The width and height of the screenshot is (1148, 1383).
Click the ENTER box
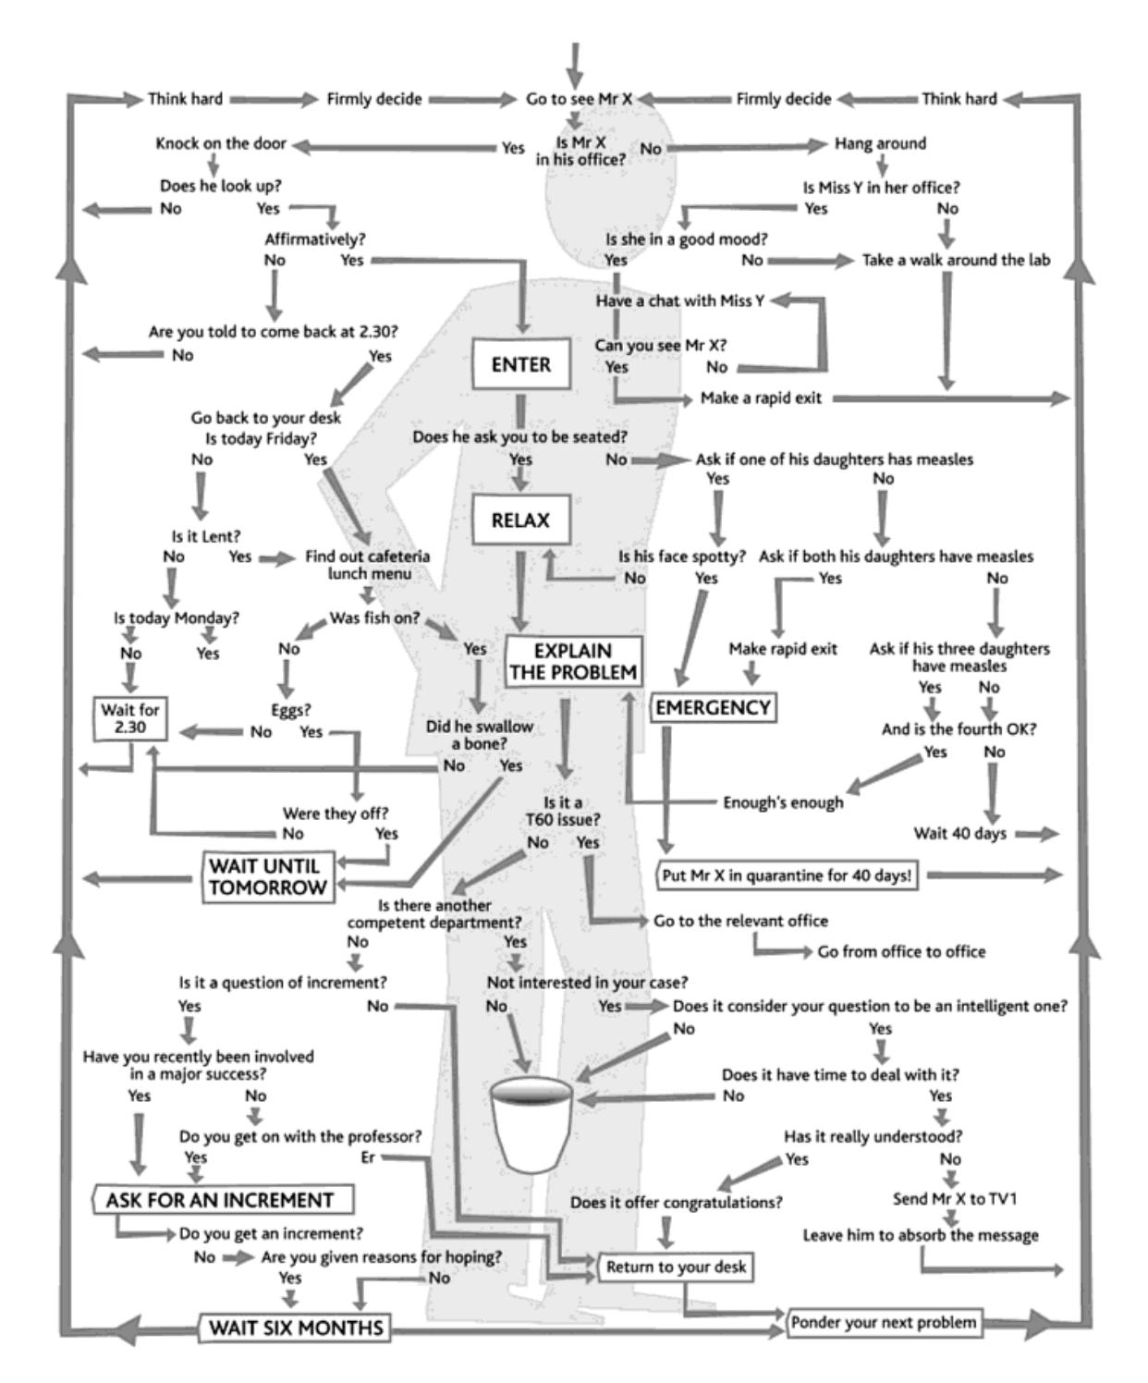point(520,364)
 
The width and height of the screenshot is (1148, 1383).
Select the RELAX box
point(520,520)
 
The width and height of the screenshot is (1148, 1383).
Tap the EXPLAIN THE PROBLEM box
point(573,661)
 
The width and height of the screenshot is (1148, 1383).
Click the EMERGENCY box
point(712,708)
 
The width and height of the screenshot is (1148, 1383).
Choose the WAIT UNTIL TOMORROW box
point(268,876)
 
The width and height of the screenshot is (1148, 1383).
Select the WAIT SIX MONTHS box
point(295,1328)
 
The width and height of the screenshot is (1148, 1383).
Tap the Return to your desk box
point(677,1267)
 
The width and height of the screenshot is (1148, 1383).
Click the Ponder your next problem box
point(883,1323)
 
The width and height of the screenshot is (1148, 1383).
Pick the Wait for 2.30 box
point(130,718)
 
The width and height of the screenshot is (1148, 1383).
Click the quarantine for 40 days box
point(787,875)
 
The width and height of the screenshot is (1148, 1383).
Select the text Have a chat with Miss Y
point(679,301)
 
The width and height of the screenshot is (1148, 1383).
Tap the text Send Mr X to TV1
point(955,1199)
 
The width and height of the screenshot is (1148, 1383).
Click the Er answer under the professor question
point(368,1157)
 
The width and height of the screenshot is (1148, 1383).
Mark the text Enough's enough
point(783,802)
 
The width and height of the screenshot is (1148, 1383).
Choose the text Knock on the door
point(221,144)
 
